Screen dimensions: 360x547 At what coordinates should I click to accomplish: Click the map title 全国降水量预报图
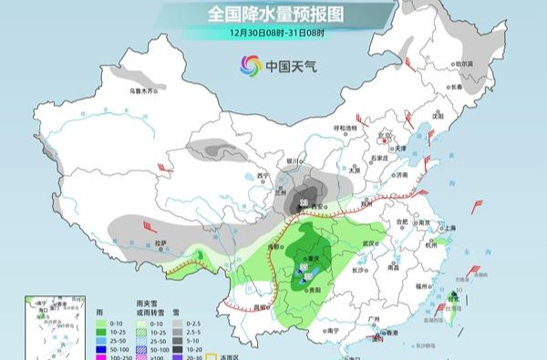(x=273, y=14)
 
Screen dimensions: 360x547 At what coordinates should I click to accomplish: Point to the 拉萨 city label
(x=160, y=243)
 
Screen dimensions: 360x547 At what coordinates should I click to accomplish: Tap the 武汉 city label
(x=368, y=243)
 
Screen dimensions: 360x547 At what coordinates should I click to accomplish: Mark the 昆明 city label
(x=263, y=308)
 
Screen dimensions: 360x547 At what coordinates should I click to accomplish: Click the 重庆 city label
(x=315, y=258)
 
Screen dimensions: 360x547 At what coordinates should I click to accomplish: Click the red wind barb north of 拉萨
(x=164, y=167)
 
